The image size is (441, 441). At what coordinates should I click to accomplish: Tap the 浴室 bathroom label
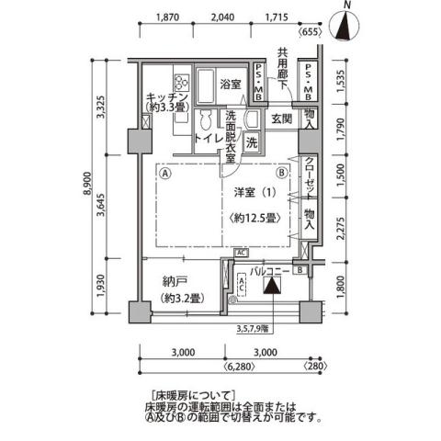coord(231,84)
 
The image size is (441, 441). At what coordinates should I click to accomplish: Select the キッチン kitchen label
coord(166,97)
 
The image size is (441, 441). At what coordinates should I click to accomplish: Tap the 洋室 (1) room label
coord(253,193)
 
